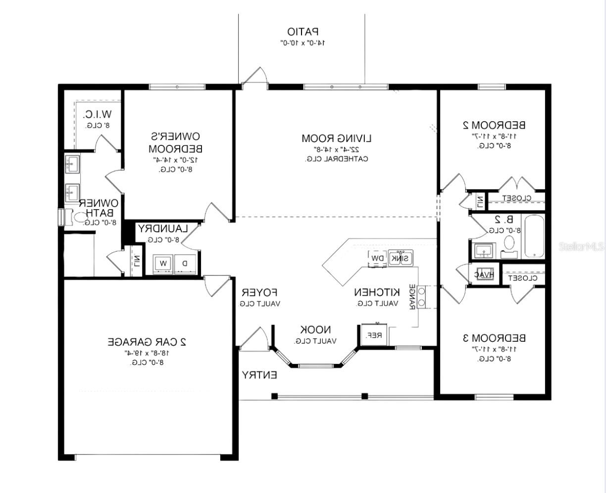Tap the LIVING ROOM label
337,138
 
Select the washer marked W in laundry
163,264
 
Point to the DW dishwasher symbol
378,258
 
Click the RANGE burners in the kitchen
422,297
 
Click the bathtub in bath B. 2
534,236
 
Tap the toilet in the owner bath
79,217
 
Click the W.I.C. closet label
97,115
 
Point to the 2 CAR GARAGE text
147,341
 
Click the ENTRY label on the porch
259,375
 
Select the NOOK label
316,330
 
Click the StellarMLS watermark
582,246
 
